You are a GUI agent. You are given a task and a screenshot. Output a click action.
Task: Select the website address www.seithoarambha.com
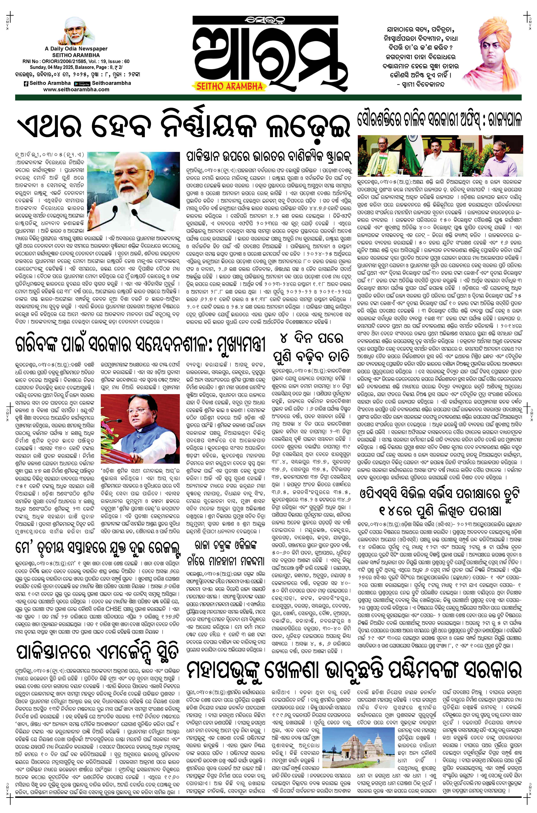pos(76,89)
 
